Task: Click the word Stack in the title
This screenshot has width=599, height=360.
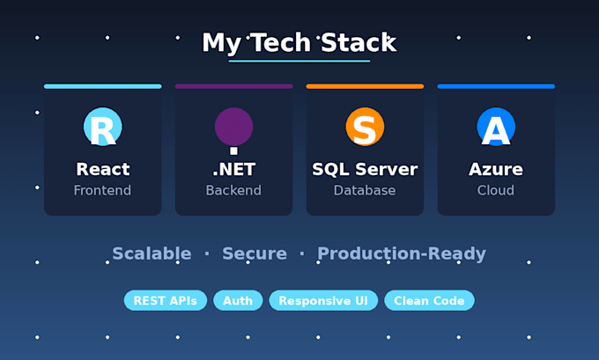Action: pos(359,42)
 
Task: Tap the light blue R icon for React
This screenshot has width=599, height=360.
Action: pos(103,127)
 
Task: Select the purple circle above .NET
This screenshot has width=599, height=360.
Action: pos(233,127)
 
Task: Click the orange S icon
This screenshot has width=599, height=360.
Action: pos(365,127)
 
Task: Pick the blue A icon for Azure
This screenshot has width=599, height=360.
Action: pos(496,127)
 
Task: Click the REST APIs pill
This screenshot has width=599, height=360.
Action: pos(166,300)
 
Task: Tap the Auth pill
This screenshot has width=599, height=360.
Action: pos(238,300)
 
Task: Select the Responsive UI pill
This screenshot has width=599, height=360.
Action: pos(323,300)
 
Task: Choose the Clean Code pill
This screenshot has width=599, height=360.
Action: pos(429,300)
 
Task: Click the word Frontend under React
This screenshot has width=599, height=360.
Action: pos(102,190)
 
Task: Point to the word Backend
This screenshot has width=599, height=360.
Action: pos(233,190)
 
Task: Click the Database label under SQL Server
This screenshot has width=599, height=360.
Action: pos(365,190)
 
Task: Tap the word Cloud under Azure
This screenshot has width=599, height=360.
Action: pos(495,190)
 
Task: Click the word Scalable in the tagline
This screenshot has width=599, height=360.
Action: pos(152,253)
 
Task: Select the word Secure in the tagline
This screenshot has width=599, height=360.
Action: pos(255,253)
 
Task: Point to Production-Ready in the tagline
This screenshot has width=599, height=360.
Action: pos(402,253)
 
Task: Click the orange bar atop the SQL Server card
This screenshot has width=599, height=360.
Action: pos(365,86)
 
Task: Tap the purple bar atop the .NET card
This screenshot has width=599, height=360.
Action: pos(233,86)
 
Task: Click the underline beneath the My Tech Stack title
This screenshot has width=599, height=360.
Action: pos(299,61)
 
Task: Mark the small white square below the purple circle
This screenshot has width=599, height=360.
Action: pos(233,151)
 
